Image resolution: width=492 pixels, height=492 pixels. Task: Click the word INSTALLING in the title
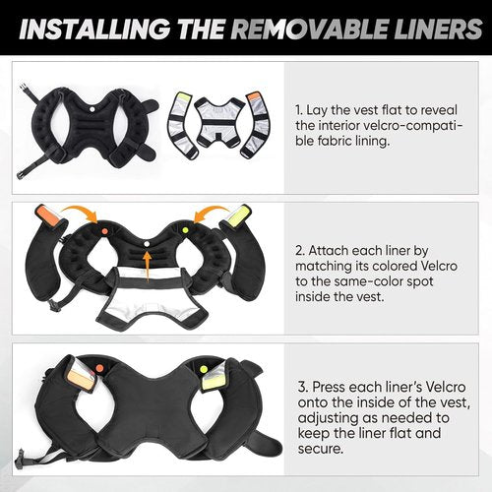94,29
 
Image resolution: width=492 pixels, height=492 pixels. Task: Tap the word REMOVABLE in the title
309,29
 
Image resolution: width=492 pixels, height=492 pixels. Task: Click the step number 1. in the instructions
298,110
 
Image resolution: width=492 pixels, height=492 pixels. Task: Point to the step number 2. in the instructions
300,251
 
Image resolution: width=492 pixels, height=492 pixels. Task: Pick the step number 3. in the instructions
303,387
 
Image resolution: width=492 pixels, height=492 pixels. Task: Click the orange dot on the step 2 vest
104,231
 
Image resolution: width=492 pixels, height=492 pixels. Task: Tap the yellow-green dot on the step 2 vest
185,230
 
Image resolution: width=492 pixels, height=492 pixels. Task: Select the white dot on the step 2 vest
147,244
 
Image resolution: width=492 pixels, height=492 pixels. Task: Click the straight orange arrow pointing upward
148,266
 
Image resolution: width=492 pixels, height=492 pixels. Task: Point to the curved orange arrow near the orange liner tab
81,213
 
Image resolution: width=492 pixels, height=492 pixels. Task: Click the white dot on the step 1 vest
92,108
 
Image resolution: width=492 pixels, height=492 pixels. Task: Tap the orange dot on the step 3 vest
99,368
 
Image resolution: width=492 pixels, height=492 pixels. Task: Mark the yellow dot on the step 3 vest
204,370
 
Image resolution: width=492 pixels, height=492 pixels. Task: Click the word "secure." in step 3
321,449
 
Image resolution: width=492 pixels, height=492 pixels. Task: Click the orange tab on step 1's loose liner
254,97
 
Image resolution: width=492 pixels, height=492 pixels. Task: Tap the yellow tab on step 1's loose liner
183,98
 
